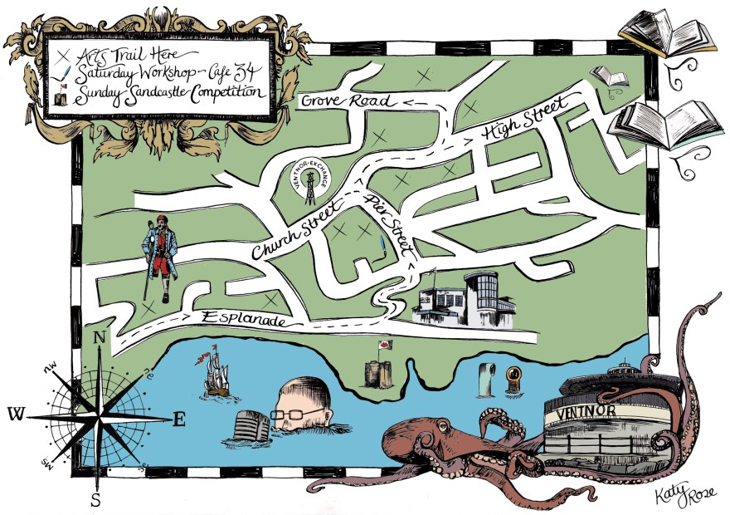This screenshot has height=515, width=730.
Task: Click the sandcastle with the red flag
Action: coord(377,365)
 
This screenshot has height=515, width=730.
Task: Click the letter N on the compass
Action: coord(100,338)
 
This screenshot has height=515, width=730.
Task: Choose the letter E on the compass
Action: coord(178,419)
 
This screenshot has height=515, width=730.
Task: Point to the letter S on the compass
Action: coord(96,500)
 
